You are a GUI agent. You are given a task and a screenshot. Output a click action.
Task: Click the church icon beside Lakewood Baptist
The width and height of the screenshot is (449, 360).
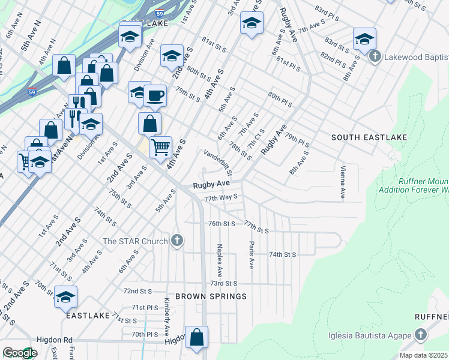pyautogui.click(x=375, y=57)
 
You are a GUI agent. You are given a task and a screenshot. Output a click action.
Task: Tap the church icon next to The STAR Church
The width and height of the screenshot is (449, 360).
pyautogui.click(x=176, y=241)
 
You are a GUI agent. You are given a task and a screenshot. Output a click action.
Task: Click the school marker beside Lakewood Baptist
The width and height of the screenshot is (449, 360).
pyautogui.click(x=364, y=40)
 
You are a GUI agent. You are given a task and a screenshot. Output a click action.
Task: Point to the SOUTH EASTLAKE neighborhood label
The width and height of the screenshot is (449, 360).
pyautogui.click(x=369, y=137)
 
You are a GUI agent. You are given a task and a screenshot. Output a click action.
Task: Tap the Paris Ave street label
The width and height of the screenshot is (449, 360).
pyautogui.click(x=251, y=255)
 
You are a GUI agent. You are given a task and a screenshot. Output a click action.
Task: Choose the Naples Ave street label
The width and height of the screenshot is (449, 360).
pyautogui.click(x=220, y=255)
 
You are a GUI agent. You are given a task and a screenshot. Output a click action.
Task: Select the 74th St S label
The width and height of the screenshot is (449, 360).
pyautogui.click(x=282, y=254)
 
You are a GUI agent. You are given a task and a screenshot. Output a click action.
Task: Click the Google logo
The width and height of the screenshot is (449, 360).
pyautogui.click(x=20, y=353)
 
